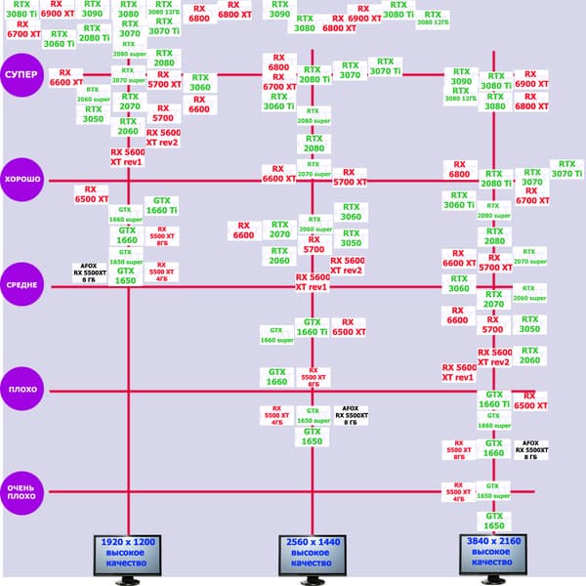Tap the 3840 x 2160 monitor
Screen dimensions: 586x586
pos(493,554)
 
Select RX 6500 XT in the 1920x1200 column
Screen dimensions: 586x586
pos(92,194)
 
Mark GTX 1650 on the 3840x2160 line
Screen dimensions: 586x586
pos(494,521)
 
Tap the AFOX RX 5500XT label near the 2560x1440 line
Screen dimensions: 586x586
pos(352,416)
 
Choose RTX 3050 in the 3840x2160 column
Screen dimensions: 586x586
pos(530,323)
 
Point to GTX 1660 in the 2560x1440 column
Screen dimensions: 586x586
pos(276,376)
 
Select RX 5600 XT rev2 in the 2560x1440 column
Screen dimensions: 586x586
pos(348,265)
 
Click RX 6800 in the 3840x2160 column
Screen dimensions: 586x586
pos(459,168)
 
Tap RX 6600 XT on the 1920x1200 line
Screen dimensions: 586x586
pos(65,77)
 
